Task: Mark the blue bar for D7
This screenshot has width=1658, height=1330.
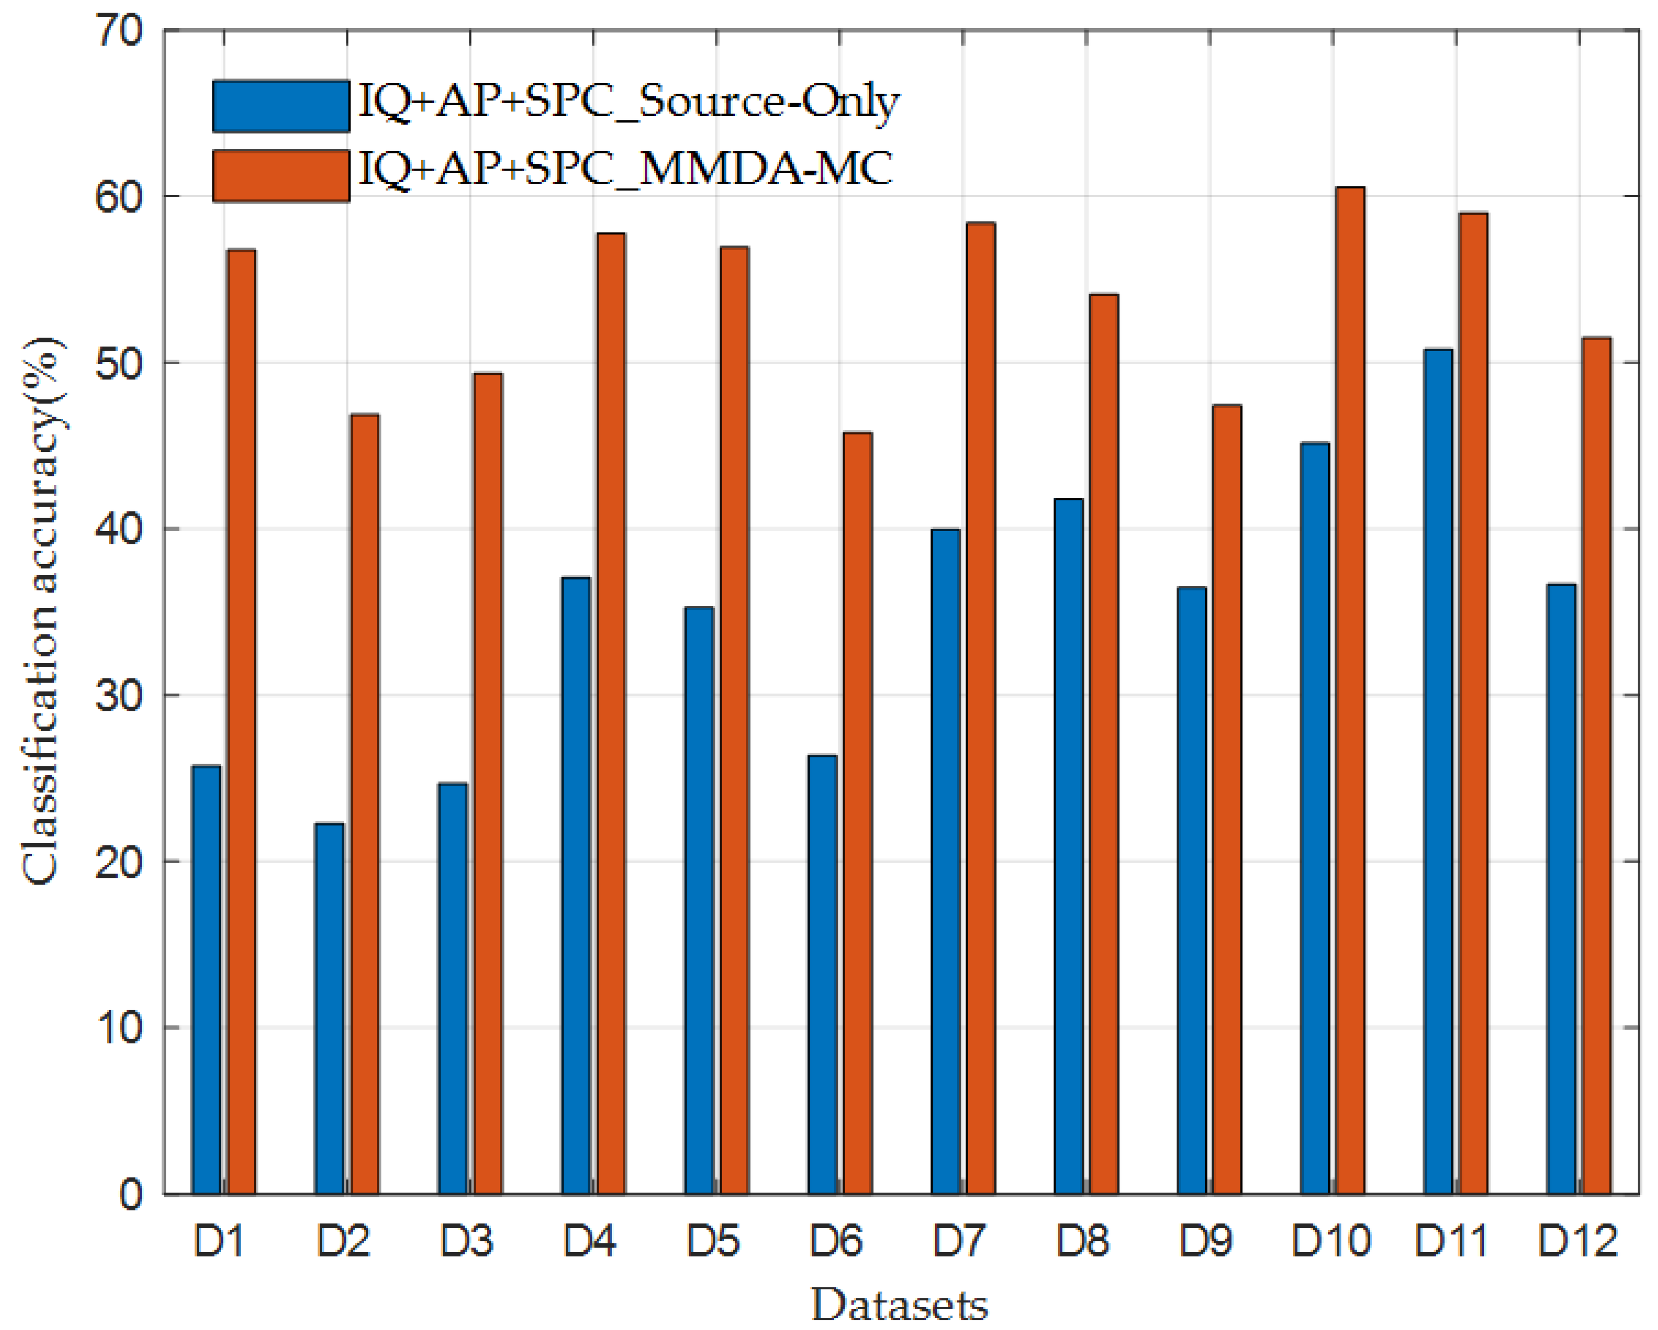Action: tap(945, 861)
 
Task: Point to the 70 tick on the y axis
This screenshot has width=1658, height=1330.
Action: tap(119, 32)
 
